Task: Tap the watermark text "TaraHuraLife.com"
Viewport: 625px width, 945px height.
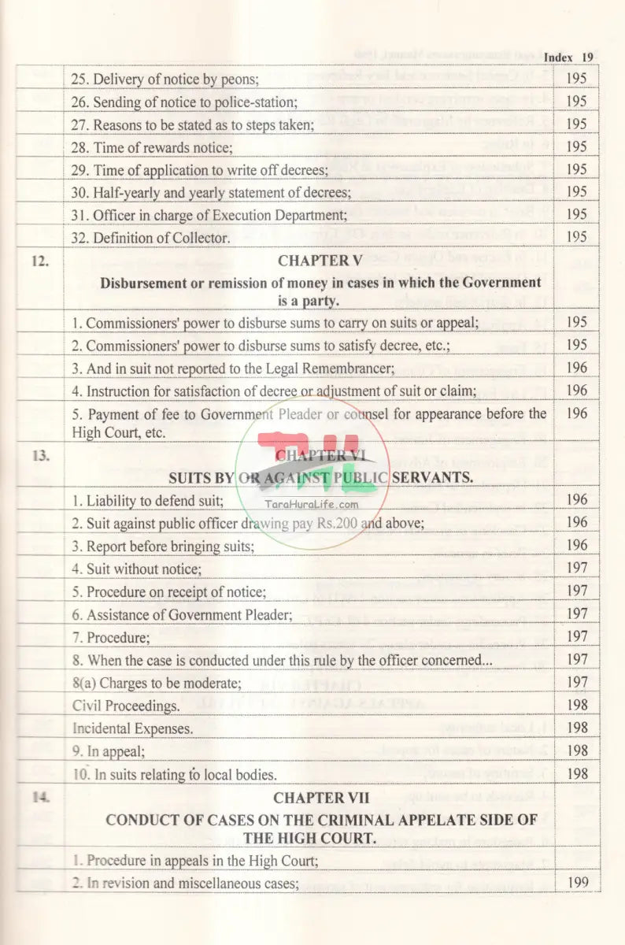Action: click(313, 506)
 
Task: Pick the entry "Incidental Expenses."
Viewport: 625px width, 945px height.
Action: click(132, 728)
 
